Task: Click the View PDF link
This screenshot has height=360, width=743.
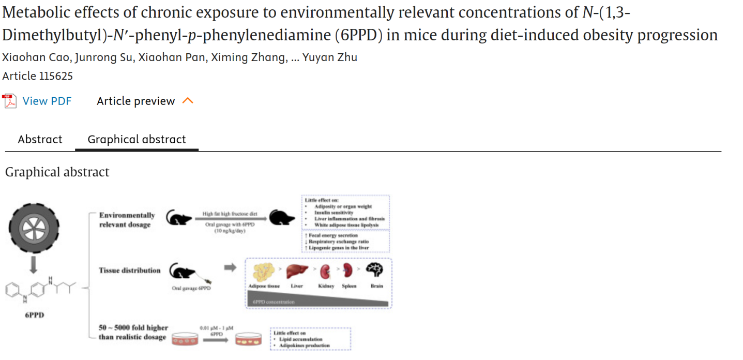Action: coord(47,101)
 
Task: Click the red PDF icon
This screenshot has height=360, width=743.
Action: coord(10,101)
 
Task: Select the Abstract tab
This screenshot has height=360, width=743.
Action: coord(40,140)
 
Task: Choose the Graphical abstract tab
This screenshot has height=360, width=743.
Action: coord(137,140)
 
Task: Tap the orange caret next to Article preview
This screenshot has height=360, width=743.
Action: coord(188,101)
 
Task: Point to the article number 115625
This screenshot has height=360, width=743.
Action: coord(38,77)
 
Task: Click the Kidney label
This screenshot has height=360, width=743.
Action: coord(326,286)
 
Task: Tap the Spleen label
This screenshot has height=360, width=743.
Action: coord(349,286)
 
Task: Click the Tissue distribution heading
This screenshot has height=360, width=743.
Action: coord(130,271)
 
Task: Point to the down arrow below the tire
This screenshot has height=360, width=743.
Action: coord(34,264)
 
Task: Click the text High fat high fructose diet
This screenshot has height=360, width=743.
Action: coord(230,214)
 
